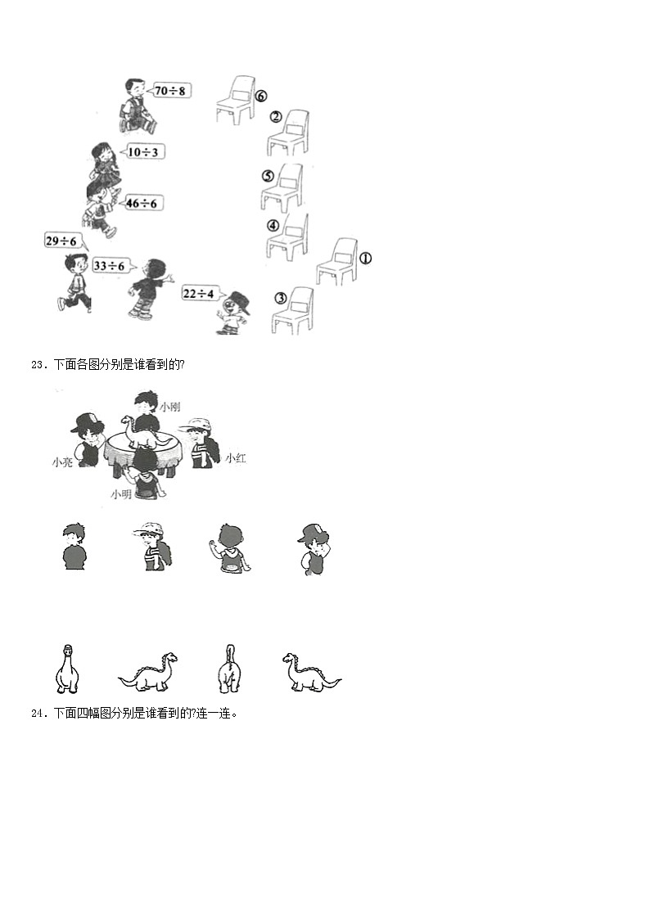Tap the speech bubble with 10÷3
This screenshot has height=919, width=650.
point(142,151)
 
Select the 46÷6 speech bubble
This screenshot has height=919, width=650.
point(142,204)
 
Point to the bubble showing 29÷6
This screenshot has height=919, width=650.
point(63,242)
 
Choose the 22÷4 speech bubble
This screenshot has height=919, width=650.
point(199,293)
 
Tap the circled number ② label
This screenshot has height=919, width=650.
point(276,117)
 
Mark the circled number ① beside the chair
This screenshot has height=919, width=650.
point(365,258)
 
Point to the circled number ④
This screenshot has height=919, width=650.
point(273,226)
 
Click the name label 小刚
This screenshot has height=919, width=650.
point(170,407)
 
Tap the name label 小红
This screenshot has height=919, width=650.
point(236,457)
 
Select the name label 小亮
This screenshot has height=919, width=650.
point(62,462)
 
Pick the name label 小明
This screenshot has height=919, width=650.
point(121,494)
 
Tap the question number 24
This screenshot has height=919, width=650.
point(38,714)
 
